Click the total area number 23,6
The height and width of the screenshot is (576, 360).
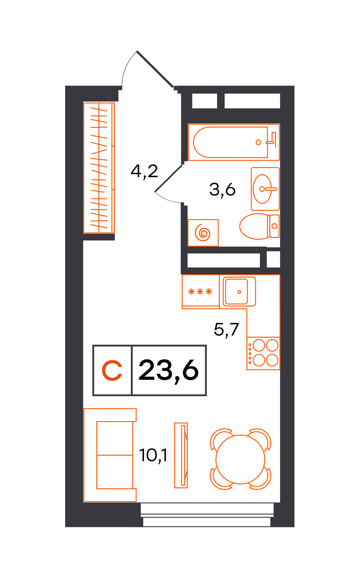click(x=169, y=370)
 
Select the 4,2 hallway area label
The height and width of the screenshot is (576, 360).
click(x=144, y=171)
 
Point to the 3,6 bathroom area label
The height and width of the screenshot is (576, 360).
click(x=222, y=190)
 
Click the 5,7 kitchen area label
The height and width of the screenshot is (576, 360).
click(x=226, y=330)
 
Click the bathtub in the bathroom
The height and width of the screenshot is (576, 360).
click(x=234, y=142)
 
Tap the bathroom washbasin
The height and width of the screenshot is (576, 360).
click(x=265, y=189)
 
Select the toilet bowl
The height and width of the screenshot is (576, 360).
click(x=259, y=226)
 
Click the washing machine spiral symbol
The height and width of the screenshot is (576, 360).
click(x=203, y=233)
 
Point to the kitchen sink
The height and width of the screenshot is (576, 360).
click(x=239, y=292)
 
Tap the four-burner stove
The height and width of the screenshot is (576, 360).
click(x=263, y=353)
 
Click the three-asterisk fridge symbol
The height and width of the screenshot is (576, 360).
click(x=200, y=292)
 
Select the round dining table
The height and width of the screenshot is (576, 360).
click(x=240, y=459)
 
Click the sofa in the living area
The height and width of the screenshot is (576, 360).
click(x=110, y=455)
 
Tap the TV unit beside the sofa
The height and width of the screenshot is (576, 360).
click(x=181, y=455)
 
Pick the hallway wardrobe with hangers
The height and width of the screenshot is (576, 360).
click(x=99, y=168)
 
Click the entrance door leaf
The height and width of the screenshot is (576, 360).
click(x=155, y=69)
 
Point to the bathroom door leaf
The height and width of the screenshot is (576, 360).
click(x=169, y=178)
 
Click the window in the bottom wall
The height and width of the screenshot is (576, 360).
click(x=207, y=514)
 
